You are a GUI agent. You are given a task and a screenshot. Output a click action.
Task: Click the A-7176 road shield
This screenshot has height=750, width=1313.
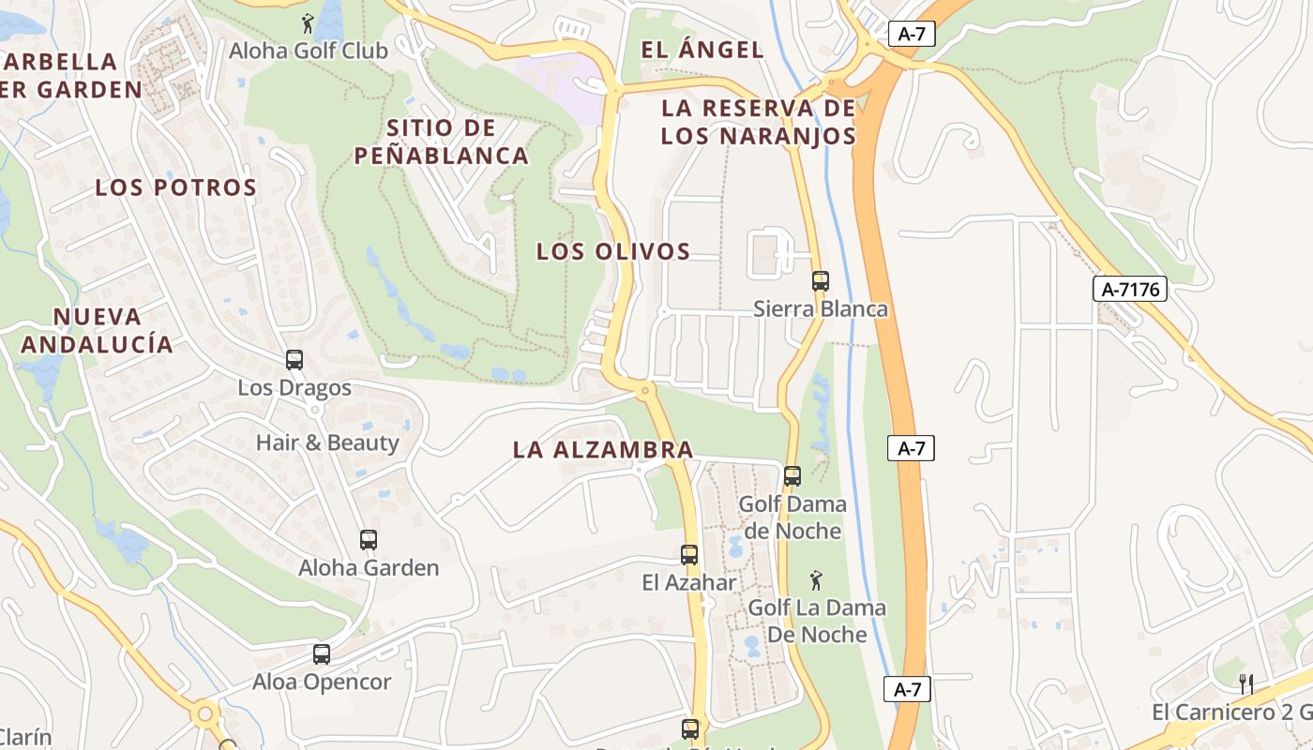[x=1130, y=290]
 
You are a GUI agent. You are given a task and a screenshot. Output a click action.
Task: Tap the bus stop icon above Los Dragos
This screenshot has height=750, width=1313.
[x=294, y=360]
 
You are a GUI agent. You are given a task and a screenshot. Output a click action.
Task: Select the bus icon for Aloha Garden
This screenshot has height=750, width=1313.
[x=369, y=540]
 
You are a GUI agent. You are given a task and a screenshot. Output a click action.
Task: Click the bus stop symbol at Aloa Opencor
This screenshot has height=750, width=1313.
[x=322, y=654]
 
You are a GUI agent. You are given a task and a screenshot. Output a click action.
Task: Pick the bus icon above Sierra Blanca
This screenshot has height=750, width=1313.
[x=821, y=280]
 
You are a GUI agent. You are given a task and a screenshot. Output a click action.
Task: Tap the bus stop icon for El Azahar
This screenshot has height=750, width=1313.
[x=689, y=555]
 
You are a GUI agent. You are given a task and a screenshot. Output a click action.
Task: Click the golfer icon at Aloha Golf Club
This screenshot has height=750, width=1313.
[x=308, y=23]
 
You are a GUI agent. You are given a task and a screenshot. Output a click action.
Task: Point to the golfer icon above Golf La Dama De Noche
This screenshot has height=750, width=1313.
[x=816, y=580]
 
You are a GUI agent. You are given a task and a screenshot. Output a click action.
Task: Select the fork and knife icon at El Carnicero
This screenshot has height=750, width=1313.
[x=1246, y=683]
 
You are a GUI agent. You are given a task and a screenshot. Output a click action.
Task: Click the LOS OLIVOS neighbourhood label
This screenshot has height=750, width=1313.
[x=613, y=251]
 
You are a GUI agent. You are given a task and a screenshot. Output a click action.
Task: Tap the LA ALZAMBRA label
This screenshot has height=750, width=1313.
[x=603, y=450]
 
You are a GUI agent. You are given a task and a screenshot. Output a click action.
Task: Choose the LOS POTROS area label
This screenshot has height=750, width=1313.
[x=176, y=187]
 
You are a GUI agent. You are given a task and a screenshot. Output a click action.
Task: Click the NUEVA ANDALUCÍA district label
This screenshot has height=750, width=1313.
[x=98, y=330]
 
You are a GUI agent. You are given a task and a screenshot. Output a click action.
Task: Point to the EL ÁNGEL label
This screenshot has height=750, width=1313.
[x=702, y=50]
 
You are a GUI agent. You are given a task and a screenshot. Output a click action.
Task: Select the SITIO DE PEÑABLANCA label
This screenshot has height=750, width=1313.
[x=442, y=142]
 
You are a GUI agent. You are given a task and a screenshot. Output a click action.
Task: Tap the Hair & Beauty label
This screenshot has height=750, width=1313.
[x=327, y=442]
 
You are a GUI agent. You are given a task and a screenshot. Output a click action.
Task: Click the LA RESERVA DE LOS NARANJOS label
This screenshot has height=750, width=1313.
[x=758, y=122]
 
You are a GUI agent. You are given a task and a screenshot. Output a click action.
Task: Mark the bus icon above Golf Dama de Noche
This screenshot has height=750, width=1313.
[x=792, y=476]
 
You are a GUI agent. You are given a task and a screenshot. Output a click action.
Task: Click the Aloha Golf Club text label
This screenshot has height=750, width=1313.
[x=309, y=51]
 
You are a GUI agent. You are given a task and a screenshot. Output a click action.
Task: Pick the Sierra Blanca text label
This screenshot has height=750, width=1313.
[x=821, y=308]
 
